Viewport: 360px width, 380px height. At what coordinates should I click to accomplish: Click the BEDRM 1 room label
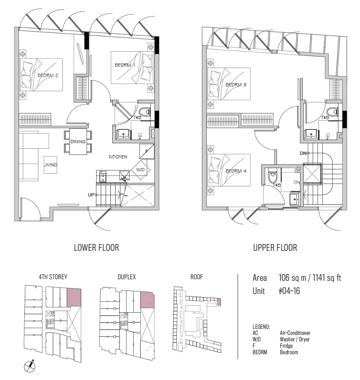point(125,65)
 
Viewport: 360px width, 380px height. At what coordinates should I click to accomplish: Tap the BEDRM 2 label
point(48,75)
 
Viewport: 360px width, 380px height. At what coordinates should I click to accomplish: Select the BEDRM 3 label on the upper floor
point(236,84)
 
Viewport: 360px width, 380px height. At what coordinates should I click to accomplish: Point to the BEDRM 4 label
point(236,171)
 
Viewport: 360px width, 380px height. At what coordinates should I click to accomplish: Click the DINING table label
point(78,142)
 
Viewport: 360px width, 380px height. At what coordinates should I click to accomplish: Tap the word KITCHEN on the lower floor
point(118,157)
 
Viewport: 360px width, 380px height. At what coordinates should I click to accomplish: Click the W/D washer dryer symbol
point(141,170)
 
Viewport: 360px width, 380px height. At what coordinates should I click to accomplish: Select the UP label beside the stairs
point(91,195)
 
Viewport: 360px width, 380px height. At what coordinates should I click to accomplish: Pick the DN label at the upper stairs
point(303,153)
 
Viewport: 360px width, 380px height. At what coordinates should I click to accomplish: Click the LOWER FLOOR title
point(96,248)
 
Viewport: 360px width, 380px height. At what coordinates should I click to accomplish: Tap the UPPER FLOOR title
point(275,248)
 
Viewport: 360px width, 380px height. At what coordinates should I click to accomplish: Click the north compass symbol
point(30,366)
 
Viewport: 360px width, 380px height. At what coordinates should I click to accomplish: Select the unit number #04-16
point(289,291)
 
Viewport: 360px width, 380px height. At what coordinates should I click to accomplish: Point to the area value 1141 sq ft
point(327,278)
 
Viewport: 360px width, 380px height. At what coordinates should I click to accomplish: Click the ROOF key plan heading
point(197,277)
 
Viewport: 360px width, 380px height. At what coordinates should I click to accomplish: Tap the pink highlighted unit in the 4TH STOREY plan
point(74,297)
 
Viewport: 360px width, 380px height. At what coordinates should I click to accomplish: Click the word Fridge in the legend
point(286,346)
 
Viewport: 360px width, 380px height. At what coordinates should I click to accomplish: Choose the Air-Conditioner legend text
point(295,333)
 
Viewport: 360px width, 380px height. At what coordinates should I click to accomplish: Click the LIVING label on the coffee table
point(50,165)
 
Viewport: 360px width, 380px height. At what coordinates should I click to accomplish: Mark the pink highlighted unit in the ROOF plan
point(219,302)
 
